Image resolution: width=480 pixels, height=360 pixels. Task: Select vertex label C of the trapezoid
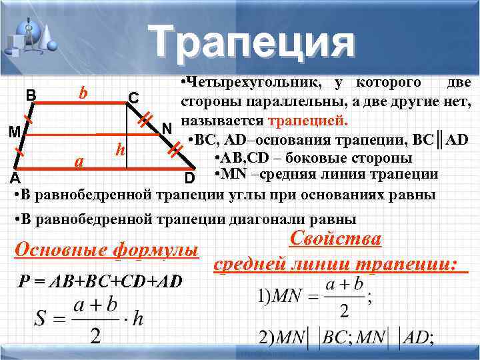click(x=133, y=98)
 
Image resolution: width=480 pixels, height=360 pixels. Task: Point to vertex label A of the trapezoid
click(x=14, y=179)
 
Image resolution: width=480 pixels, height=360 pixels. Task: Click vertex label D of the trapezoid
click(x=189, y=179)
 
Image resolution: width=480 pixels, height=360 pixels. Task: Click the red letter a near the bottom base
click(x=79, y=161)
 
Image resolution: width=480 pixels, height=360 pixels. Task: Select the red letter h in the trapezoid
click(x=119, y=150)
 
